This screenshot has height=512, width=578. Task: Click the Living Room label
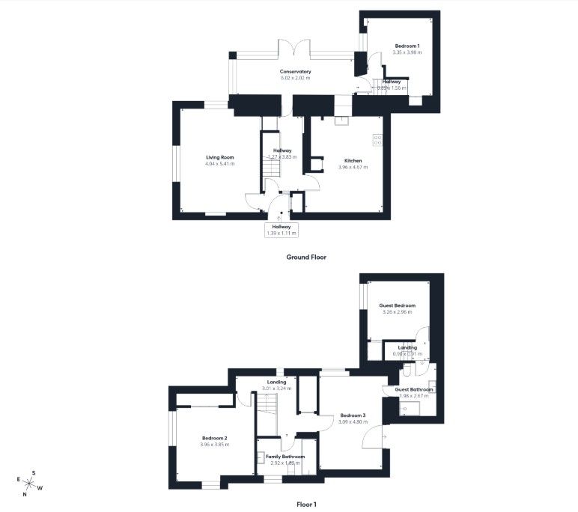[x=220, y=157]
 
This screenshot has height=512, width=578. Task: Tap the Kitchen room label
[x=353, y=161]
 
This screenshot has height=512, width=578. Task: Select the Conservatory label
[x=295, y=72]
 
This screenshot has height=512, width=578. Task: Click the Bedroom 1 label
[x=407, y=46]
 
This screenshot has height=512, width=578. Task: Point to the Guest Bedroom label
[x=397, y=305]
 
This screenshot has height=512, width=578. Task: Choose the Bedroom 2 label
[x=214, y=438]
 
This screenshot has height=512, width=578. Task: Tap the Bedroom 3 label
[x=353, y=415]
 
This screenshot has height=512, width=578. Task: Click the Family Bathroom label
[x=285, y=457]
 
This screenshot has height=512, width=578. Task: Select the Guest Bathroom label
[x=414, y=389]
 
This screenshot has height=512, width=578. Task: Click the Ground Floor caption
[x=306, y=257]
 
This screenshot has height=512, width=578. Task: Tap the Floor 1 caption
[x=306, y=505]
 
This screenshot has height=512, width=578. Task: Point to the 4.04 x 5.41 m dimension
[x=220, y=164]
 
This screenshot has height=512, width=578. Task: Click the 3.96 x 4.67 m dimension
[x=353, y=168]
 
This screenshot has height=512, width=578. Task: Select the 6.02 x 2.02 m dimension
[x=295, y=78]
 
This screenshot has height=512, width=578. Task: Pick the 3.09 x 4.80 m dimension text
[x=353, y=422]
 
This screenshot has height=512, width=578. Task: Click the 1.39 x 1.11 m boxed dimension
[x=282, y=234]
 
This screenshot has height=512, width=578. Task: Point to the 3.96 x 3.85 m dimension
[x=214, y=445]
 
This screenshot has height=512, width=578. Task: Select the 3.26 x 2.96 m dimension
[x=397, y=312]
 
